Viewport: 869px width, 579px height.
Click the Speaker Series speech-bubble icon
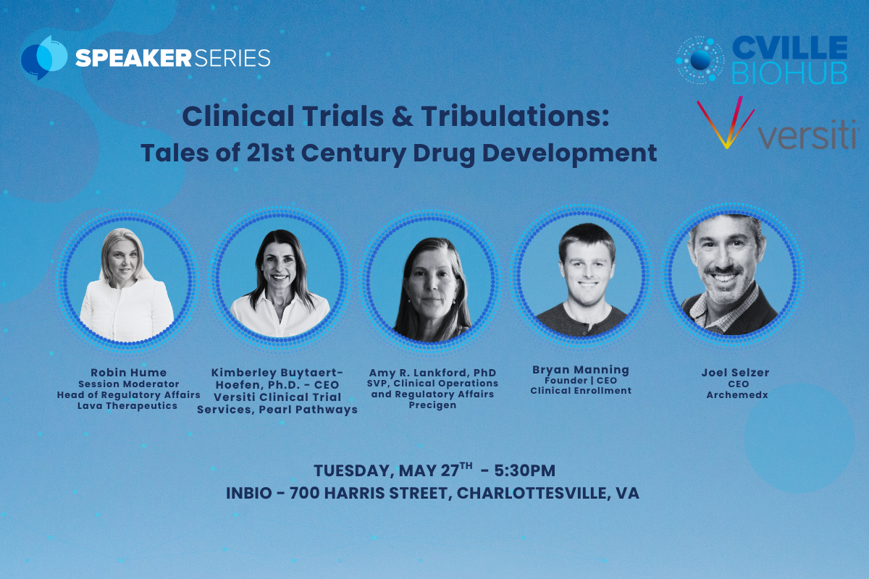tap(44, 58)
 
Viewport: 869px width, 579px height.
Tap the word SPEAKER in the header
tap(133, 58)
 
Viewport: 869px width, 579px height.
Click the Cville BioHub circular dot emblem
tap(700, 61)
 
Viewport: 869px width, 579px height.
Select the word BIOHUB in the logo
tap(790, 72)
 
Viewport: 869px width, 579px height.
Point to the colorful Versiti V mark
tap(726, 122)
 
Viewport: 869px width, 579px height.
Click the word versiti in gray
tap(808, 134)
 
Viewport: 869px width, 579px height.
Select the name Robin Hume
tap(128, 372)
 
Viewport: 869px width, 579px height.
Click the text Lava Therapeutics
tap(127, 405)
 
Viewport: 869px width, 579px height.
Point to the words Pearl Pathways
tap(308, 410)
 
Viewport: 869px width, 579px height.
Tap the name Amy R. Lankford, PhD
tap(432, 373)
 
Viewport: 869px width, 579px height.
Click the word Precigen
tap(432, 405)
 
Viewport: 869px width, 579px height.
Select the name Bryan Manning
tap(580, 370)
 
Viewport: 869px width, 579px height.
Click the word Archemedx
tap(737, 394)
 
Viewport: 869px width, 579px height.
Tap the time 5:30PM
tap(524, 470)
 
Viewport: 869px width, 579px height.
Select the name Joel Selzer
tap(735, 373)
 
